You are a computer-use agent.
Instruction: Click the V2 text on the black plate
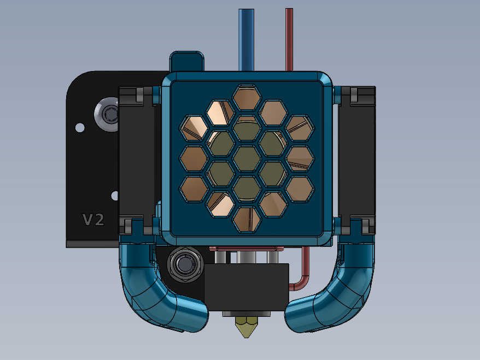pos(93,220)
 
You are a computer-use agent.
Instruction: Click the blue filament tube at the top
pos(246,40)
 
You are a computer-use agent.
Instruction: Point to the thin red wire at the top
pos(289,40)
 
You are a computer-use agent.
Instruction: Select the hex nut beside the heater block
pos(185,264)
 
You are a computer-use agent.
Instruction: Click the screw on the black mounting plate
pos(107,114)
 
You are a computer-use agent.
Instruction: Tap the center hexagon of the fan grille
pos(247,158)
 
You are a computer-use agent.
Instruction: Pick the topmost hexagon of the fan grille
pos(247,98)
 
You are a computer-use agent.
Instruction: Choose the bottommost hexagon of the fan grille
pos(247,219)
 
